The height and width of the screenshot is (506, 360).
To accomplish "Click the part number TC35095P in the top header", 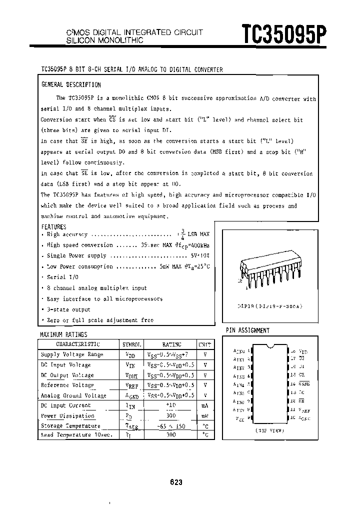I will (x=284, y=35).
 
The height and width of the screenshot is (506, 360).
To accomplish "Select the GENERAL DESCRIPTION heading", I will (x=70, y=85).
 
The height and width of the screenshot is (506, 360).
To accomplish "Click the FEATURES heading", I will (x=53, y=226).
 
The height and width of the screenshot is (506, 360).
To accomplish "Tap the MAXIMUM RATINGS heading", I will (x=63, y=334).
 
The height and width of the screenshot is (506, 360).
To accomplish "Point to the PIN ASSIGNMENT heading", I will (x=248, y=330).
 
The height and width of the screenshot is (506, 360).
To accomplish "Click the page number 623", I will (x=176, y=482).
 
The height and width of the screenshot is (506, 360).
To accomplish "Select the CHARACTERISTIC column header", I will (x=77, y=344).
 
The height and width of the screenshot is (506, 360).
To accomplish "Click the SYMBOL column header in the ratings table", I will (x=132, y=344).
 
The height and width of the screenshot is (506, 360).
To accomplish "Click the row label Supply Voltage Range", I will (x=71, y=354).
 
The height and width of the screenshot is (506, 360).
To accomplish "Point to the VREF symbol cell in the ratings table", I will (x=132, y=385).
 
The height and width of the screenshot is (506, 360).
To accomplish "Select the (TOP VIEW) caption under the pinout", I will (x=270, y=430).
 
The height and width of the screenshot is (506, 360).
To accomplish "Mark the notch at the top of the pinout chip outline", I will (x=270, y=346).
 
